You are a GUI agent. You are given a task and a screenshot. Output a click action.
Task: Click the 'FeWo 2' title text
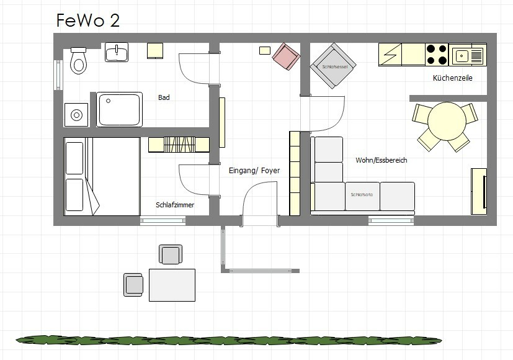88,20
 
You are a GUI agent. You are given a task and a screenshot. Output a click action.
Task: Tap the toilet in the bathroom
78,61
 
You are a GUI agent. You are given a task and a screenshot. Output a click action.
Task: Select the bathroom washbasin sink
117,53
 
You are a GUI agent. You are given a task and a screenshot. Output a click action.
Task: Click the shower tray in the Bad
119,109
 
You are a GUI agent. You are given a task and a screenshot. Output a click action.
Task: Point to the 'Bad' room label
164,97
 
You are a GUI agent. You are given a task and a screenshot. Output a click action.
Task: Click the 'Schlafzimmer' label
175,204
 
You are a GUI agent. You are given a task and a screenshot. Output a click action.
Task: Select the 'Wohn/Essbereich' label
381,160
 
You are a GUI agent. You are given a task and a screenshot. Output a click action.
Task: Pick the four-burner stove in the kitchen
437,55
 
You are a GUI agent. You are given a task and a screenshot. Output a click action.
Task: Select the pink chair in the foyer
287,56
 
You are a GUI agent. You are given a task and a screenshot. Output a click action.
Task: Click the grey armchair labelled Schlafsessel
334,66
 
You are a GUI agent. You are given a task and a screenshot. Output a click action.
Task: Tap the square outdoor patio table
172,284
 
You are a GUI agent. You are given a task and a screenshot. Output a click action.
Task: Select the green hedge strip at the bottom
230,339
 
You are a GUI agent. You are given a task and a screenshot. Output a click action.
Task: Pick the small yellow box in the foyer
265,50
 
